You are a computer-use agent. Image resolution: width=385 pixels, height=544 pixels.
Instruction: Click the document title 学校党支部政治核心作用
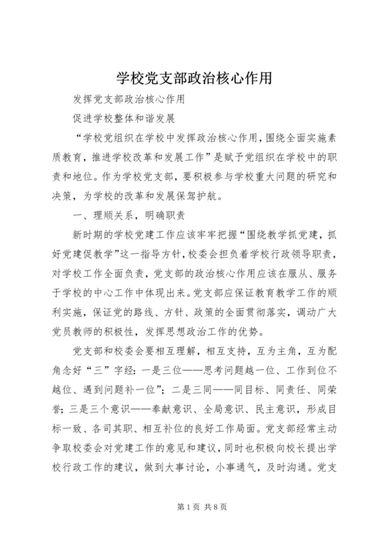tap(192, 78)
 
